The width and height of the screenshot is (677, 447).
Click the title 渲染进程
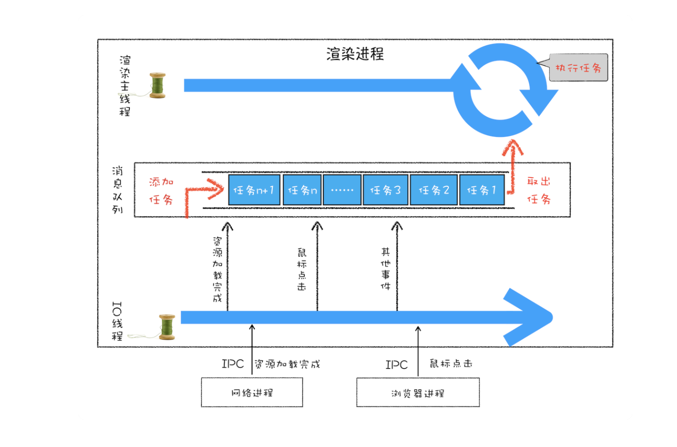[x=355, y=54]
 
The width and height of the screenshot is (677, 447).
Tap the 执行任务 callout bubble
[x=579, y=68]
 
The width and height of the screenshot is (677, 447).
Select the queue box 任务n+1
[x=253, y=190]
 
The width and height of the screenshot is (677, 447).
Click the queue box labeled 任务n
[x=302, y=190]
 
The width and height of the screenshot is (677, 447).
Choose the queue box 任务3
[x=385, y=190]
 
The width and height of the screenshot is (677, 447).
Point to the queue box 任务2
[x=433, y=190]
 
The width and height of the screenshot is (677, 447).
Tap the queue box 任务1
[x=482, y=190]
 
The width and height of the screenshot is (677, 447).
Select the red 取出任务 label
[x=539, y=190]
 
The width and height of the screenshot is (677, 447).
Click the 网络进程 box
[x=251, y=392]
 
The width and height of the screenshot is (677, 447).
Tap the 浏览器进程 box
[x=417, y=393]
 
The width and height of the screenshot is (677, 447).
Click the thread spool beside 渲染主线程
[x=157, y=86]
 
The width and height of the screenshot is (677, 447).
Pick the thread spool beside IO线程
[x=166, y=326]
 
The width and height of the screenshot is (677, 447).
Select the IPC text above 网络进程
[x=233, y=365]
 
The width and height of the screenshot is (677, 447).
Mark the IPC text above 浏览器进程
[x=397, y=365]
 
